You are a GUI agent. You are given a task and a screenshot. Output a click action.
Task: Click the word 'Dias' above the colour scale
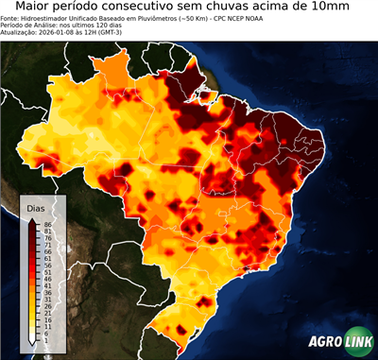(36, 207)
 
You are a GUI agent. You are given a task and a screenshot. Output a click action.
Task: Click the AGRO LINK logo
(338, 342)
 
